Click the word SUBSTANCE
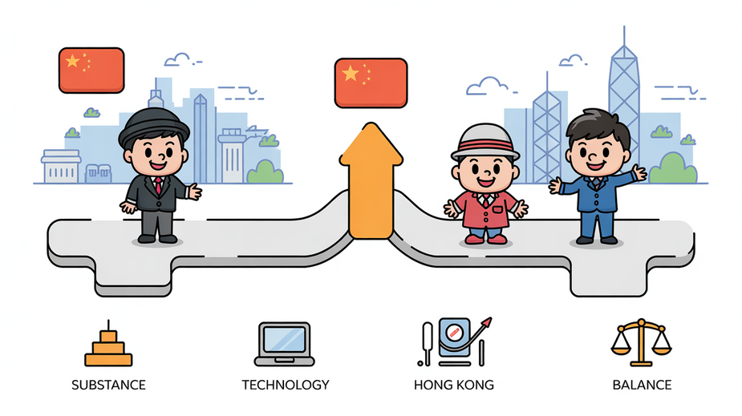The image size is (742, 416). pyautogui.click(x=108, y=385)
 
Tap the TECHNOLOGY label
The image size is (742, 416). pyautogui.click(x=286, y=385)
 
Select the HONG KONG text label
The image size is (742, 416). pyautogui.click(x=454, y=385)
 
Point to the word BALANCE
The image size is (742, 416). pyautogui.click(x=642, y=385)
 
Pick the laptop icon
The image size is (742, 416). pyautogui.click(x=285, y=344)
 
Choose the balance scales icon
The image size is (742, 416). pyautogui.click(x=641, y=342)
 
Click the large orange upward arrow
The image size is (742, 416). pyautogui.click(x=371, y=182)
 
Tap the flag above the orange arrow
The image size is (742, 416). pyautogui.click(x=371, y=83)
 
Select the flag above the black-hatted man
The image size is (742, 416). pyautogui.click(x=91, y=70)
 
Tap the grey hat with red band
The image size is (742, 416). pyautogui.click(x=485, y=141)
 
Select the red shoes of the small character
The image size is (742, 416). pyautogui.click(x=486, y=239)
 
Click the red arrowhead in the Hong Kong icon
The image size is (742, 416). pyautogui.click(x=486, y=323)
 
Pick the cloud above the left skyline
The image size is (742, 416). pyautogui.click(x=179, y=59)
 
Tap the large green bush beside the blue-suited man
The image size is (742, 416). pyautogui.click(x=672, y=169)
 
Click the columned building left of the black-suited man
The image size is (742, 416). pyautogui.click(x=61, y=167)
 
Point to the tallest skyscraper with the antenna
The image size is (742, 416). pyautogui.click(x=624, y=104)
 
